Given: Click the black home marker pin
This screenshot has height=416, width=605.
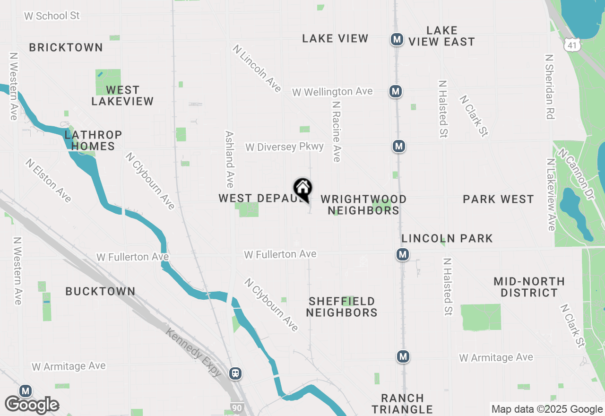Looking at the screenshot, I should [303, 189].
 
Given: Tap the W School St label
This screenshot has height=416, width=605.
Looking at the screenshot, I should [52, 16].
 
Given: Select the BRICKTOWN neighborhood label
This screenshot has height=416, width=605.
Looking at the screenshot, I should [66, 47].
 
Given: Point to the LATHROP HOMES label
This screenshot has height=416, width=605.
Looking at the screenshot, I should [93, 141].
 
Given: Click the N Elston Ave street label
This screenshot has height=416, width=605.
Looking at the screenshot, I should [49, 181].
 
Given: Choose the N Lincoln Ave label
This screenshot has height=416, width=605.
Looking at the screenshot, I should [257, 69].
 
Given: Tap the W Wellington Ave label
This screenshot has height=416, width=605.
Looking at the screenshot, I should [332, 91].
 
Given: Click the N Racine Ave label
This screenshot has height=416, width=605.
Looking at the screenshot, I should [337, 131].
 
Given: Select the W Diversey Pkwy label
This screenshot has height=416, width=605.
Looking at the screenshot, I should [285, 147].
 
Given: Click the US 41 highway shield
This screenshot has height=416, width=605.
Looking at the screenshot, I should [572, 45].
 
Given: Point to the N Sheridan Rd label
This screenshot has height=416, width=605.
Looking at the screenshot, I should [549, 87].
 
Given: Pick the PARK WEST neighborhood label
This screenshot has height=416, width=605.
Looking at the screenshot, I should [498, 199].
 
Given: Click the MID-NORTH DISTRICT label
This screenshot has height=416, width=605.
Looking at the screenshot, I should [529, 287].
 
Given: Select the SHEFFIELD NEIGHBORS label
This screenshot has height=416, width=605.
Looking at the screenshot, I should [342, 307].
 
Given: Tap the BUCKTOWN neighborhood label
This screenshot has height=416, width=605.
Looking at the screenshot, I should [100, 291].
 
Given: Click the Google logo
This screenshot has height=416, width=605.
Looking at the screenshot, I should [32, 405].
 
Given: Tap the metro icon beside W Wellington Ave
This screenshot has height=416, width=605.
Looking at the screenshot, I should [396, 91].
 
